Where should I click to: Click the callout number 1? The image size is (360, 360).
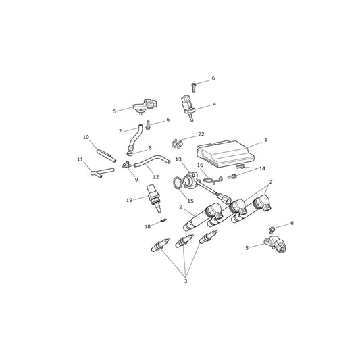coord(266,140)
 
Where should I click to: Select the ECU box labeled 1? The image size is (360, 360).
coord(226,153)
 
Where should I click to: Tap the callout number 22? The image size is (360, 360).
coord(201,134)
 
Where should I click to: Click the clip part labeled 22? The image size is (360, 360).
coord(177,143)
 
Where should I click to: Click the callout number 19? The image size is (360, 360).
coord(130,200)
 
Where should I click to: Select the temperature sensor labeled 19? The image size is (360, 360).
coord(154,199)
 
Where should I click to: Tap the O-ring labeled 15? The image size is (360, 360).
coord(177,183)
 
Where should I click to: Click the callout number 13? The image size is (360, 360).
coord(178,159)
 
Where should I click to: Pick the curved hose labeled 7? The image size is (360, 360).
coord(134,138)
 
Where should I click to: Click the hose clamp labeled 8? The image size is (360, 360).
coord(130,153)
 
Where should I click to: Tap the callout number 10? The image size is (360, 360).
coord(86,137)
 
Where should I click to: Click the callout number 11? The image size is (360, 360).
coord(80,159)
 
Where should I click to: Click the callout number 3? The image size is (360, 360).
coord(186,281)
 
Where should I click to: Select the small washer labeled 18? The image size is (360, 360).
coord(163,220)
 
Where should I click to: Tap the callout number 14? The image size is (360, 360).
coord(262,169)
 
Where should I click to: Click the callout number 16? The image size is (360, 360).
coord(200,165)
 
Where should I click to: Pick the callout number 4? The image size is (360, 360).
coord(214,104)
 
